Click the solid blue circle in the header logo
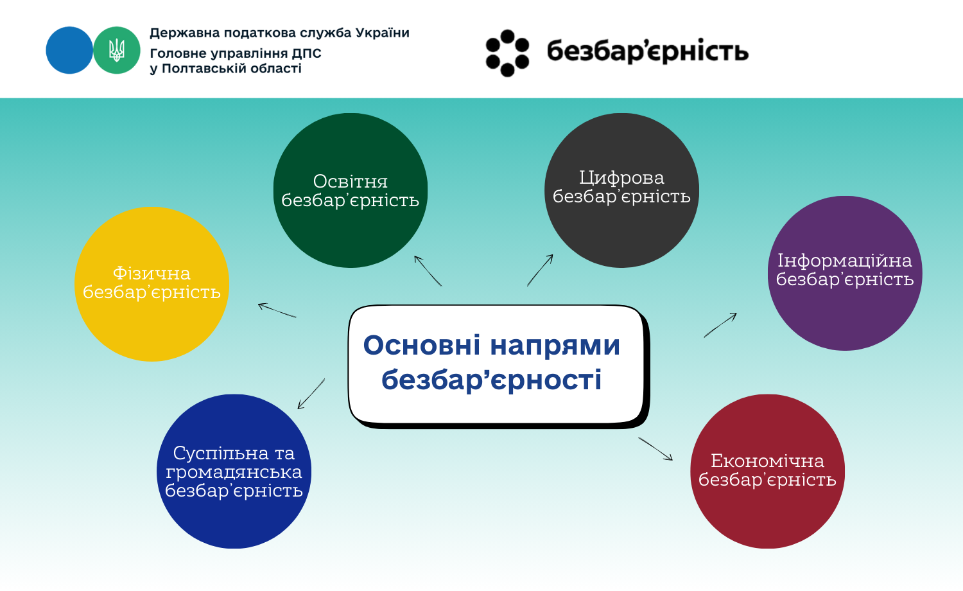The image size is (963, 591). coord(69,50)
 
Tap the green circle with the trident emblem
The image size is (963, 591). coord(116,50)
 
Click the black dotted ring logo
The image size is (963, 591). coord(507,53)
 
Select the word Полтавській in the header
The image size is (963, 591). coord(204,69)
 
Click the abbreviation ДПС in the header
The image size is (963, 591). coord(306,53)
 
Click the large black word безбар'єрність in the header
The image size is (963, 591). coord(648,51)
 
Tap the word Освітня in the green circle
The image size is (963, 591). coord(351,182)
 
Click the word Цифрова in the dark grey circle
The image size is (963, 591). coord(621,178)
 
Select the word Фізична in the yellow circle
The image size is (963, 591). coord(152,274)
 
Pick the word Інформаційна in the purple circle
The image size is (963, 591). coord(845,261)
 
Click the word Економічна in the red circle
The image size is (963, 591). coord(767,461)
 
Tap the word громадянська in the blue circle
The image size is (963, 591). coord(234,472)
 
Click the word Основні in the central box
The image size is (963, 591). coord(422,345)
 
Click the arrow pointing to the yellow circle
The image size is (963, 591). coord(277,310)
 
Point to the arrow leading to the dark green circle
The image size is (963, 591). coord(428,271)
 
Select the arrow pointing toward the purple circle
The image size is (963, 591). coord(720,325)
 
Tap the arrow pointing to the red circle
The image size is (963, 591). coord(655,449)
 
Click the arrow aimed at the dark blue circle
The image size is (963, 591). coord(311,394)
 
